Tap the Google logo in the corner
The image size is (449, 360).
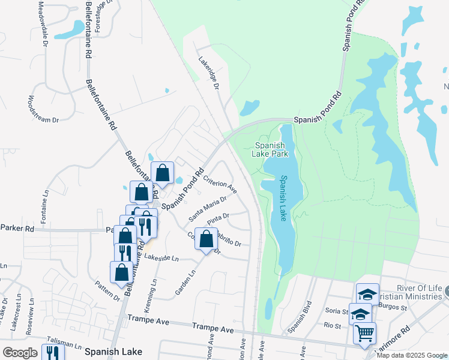[x=20, y=352]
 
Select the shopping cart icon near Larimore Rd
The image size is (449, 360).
[x=365, y=333]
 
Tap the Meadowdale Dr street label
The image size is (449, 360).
[x=43, y=23]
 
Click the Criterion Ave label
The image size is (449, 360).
[x=220, y=184]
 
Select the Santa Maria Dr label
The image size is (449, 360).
[x=207, y=207]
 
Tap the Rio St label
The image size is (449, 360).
[x=332, y=326]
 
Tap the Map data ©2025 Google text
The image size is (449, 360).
[x=412, y=355]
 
